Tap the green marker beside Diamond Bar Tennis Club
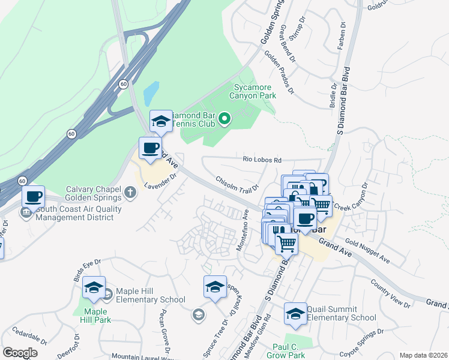pyautogui.click(x=224, y=119)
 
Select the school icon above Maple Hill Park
pyautogui.click(x=94, y=289)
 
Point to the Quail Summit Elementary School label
pyautogui.click(x=341, y=313)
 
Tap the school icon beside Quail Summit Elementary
pyautogui.click(x=295, y=313)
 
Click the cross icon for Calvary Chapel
pyautogui.click(x=130, y=193)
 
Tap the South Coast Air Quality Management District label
pyautogui.click(x=79, y=213)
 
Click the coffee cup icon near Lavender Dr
pyautogui.click(x=150, y=148)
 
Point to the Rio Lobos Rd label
pyautogui.click(x=262, y=160)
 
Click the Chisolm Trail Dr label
pyautogui.click(x=237, y=184)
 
